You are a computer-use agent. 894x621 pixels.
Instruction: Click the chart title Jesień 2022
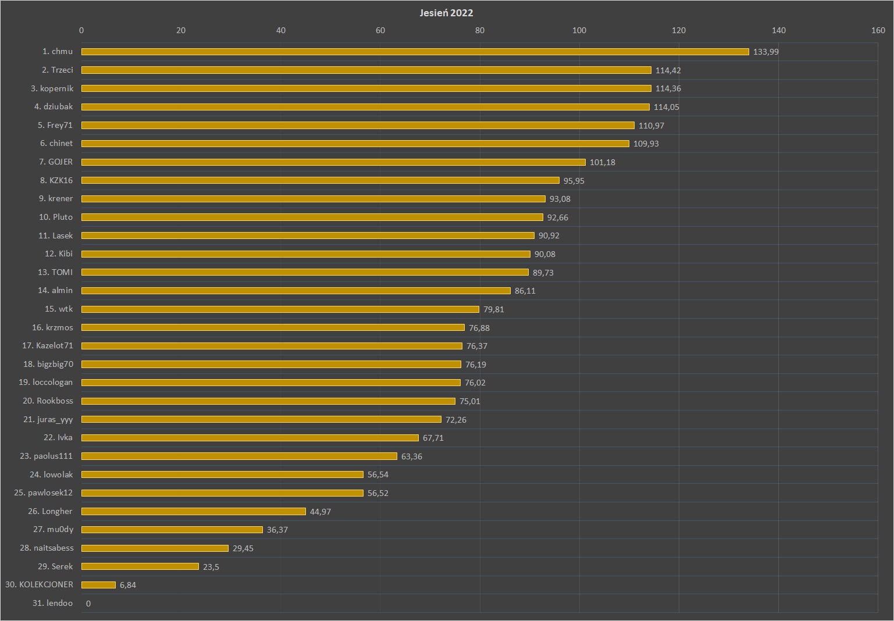446,13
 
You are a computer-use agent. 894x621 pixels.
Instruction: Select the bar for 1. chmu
415,52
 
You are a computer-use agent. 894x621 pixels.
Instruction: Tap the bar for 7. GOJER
333,162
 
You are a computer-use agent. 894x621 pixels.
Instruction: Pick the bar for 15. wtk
280,309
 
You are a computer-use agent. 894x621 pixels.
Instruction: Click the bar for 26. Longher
193,512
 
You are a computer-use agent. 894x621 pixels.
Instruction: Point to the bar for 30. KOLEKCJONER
98,585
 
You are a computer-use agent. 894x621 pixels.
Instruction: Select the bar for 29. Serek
140,566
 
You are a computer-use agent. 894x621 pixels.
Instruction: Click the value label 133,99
765,52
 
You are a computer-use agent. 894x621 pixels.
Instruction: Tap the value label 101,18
602,162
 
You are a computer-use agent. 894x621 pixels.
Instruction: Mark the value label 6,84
127,585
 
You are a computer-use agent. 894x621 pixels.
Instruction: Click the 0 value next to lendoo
88,604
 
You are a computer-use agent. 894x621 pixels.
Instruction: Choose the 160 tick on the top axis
878,30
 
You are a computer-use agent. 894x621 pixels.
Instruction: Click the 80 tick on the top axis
479,30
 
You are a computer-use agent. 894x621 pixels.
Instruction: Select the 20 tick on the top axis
181,30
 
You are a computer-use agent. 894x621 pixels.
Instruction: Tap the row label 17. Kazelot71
48,346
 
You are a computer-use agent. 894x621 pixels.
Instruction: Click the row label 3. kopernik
52,88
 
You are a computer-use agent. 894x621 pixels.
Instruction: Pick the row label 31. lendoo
52,603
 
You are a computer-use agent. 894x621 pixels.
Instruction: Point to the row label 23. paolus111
47,456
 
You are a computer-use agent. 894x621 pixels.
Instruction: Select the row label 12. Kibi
59,254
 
